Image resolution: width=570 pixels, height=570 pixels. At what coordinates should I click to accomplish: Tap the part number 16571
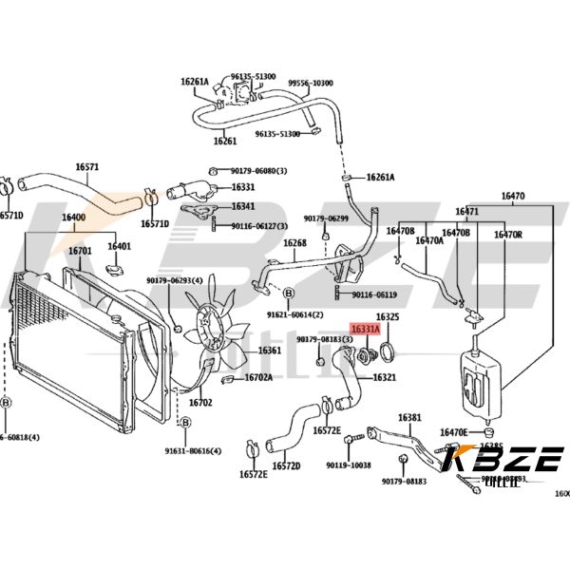86,167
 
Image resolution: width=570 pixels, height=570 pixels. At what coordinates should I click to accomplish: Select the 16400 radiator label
73,218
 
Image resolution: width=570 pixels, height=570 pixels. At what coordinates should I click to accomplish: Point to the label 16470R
507,234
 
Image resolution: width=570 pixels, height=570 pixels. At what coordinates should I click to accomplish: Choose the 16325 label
387,316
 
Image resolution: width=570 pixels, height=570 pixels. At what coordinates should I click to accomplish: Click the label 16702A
258,377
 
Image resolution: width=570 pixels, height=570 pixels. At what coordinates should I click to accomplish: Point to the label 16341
243,206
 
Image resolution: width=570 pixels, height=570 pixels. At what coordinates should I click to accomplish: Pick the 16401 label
119,247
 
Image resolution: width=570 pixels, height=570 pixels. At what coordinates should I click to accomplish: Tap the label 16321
384,377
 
